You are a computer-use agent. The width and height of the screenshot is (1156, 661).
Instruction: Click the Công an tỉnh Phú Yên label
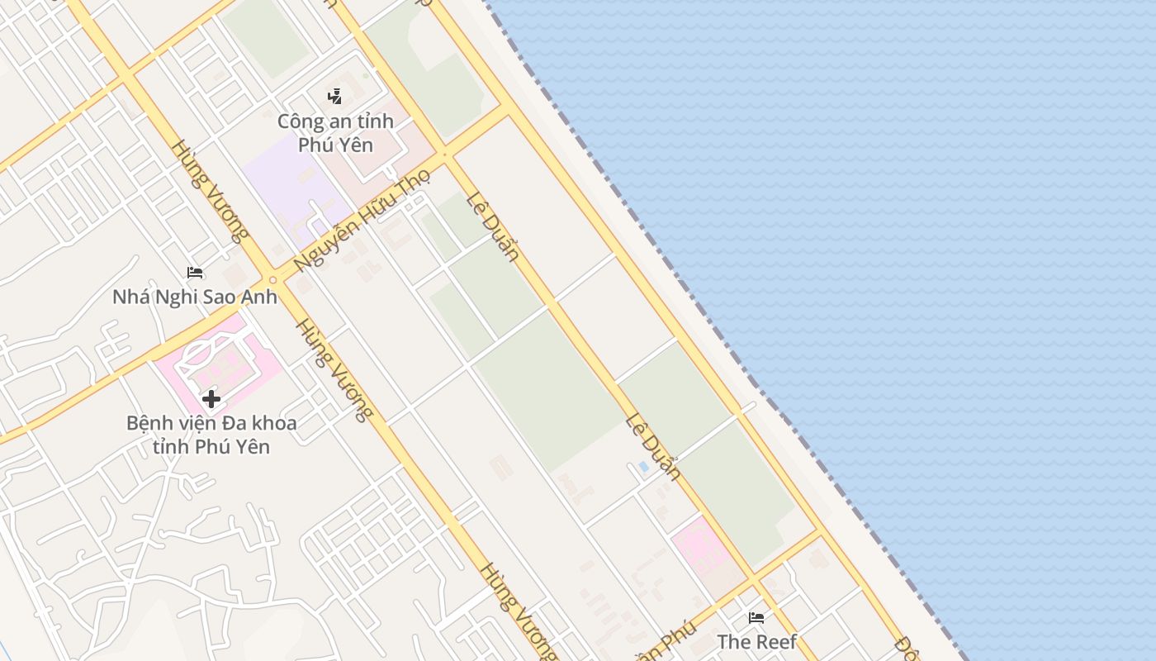pyautogui.click(x=335, y=133)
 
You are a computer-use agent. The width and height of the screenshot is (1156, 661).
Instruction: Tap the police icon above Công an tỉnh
pyautogui.click(x=334, y=97)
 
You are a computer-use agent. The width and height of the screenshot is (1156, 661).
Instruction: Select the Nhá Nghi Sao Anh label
pyautogui.click(x=195, y=297)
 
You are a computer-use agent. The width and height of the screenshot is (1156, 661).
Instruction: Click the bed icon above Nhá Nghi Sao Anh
pyautogui.click(x=195, y=272)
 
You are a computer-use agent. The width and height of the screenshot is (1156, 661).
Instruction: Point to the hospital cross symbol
pyautogui.click(x=211, y=399)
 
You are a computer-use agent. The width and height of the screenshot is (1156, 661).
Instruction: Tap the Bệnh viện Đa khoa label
pyautogui.click(x=211, y=435)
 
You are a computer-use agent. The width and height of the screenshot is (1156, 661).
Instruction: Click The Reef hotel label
pyautogui.click(x=756, y=641)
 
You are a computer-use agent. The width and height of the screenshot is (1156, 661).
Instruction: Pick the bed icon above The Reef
pyautogui.click(x=756, y=617)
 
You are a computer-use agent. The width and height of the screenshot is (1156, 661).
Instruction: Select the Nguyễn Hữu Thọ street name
pyautogui.click(x=362, y=221)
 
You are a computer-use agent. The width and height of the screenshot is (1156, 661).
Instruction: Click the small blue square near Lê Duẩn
pyautogui.click(x=643, y=466)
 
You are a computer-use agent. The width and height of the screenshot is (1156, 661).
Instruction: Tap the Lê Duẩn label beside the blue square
pyautogui.click(x=652, y=446)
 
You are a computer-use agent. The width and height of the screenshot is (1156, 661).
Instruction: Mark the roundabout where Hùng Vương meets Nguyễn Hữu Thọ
pyautogui.click(x=272, y=279)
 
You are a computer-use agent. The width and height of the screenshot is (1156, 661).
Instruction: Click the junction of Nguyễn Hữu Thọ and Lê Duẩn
pyautogui.click(x=445, y=154)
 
